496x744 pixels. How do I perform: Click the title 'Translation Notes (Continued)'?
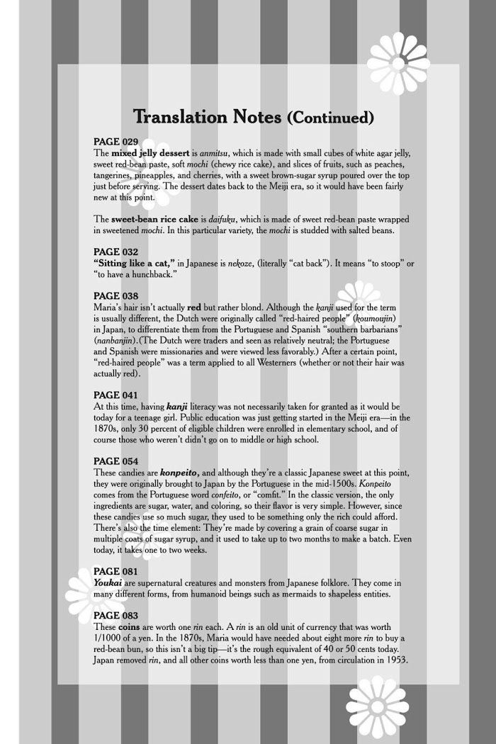point(253,117)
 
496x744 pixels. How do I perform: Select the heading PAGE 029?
point(116,142)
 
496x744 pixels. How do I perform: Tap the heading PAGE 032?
point(116,252)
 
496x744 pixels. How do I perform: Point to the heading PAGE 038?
point(116,295)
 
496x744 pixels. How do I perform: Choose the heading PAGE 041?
point(116,395)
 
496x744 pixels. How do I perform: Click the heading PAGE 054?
point(116,461)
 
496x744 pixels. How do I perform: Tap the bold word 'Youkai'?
point(110,582)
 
